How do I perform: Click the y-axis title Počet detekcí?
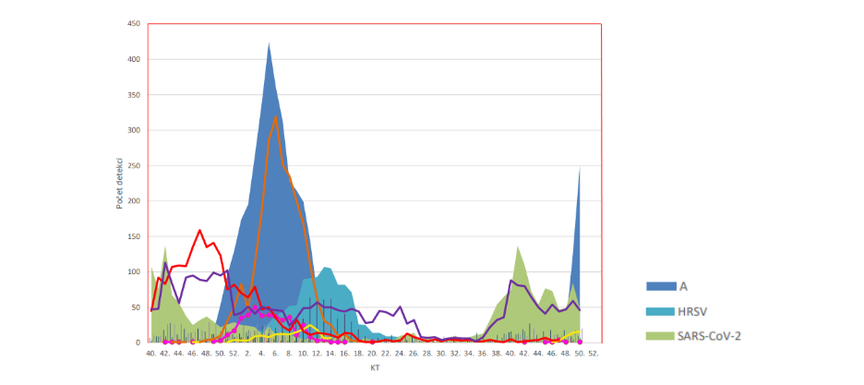pos(120,184)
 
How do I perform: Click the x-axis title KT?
pos(375,367)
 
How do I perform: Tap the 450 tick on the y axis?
pos(133,23)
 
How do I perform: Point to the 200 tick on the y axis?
pos(133,200)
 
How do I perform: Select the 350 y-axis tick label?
pos(133,94)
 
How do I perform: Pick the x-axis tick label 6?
pos(275,353)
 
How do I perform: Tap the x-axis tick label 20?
pos(372,353)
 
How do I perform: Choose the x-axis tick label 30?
pos(441,353)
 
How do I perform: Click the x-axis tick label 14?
pos(330,353)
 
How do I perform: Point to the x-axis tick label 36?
pos(483,353)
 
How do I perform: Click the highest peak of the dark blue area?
pos(269,42)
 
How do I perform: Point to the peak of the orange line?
pos(276,115)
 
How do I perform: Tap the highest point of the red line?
pos(200,230)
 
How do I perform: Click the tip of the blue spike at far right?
pos(580,167)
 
